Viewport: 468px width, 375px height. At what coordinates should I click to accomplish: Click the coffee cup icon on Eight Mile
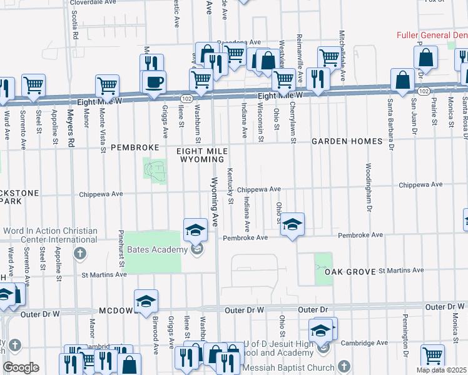(153, 82)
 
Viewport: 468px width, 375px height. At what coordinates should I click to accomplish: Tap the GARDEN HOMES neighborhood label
(347, 142)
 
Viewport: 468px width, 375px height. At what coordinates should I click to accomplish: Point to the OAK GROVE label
(350, 272)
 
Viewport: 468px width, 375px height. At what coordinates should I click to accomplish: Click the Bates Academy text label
(157, 250)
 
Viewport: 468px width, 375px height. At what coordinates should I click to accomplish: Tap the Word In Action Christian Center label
(50, 235)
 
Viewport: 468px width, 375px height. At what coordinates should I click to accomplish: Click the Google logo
(21, 367)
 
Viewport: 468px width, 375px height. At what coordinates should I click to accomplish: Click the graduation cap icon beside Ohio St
(292, 224)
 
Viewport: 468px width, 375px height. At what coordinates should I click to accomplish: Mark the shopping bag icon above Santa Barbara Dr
(402, 79)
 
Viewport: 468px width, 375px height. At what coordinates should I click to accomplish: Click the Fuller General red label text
(432, 35)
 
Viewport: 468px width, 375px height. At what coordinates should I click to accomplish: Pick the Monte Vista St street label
(103, 131)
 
